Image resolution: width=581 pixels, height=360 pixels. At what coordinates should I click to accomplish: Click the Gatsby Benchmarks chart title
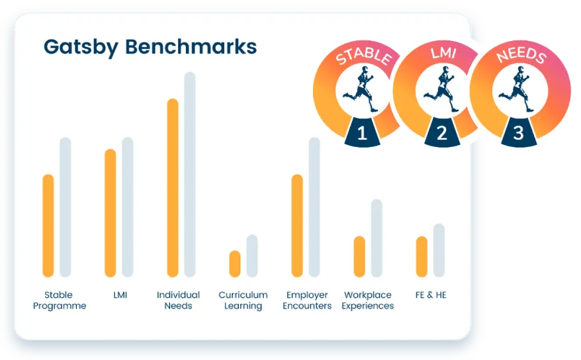pyautogui.click(x=150, y=48)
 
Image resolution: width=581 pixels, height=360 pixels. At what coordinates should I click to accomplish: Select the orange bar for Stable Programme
pyautogui.click(x=48, y=226)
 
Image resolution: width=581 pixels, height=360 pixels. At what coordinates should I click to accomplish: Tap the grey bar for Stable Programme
pyautogui.click(x=66, y=207)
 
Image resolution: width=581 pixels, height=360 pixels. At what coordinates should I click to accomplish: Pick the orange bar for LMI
pyautogui.click(x=111, y=213)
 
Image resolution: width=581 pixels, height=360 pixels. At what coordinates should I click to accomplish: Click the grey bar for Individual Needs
pyautogui.click(x=190, y=175)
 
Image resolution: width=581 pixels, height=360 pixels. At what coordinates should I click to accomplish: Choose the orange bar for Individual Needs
pyautogui.click(x=173, y=188)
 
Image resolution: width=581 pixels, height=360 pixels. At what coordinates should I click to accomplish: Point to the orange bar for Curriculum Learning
pyautogui.click(x=235, y=263)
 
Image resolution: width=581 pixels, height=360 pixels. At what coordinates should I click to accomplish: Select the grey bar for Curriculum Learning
pyautogui.click(x=252, y=256)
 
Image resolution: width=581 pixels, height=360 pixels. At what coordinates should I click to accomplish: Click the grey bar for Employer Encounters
pyautogui.click(x=314, y=207)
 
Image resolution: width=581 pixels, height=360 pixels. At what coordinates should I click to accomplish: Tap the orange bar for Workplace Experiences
pyautogui.click(x=359, y=257)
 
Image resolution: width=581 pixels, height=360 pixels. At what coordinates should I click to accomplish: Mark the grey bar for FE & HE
pyautogui.click(x=439, y=250)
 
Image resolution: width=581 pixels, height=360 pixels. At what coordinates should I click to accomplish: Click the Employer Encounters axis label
pyautogui.click(x=307, y=300)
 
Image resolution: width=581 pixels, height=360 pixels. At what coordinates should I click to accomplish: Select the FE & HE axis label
pyautogui.click(x=431, y=294)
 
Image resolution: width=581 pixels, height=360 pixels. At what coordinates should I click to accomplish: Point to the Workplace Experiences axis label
pyautogui.click(x=367, y=300)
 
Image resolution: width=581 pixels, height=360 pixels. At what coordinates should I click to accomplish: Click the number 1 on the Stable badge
pyautogui.click(x=362, y=133)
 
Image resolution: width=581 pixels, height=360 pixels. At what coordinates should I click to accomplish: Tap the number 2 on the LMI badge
pyautogui.click(x=441, y=133)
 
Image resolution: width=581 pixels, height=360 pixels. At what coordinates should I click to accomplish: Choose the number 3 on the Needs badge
pyautogui.click(x=518, y=133)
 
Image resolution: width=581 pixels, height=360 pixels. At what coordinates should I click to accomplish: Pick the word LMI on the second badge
pyautogui.click(x=443, y=53)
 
